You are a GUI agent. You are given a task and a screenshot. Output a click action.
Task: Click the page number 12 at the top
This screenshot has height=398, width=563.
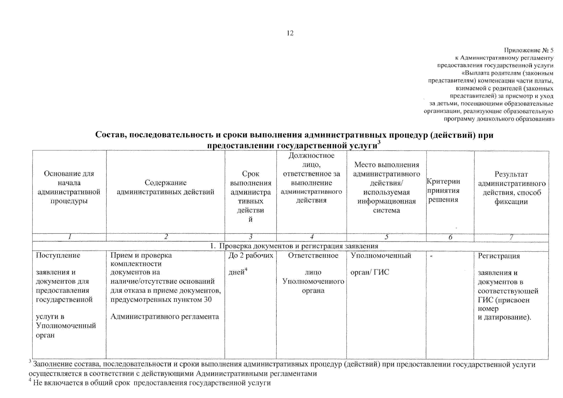coord(290,33)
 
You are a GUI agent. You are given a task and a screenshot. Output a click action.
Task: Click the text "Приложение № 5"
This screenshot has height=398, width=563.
coord(529,50)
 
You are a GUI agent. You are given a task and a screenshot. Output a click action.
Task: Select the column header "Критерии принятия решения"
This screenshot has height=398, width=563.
coord(443,190)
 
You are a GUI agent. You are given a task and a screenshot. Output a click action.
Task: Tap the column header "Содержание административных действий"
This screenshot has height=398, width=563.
coord(165,187)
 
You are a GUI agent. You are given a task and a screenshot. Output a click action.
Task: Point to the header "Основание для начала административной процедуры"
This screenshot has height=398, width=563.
coord(69,187)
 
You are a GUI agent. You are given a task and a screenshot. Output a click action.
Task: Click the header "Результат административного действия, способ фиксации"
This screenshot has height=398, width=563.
coord(511,188)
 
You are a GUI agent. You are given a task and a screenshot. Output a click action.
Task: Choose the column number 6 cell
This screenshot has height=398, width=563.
coord(450,237)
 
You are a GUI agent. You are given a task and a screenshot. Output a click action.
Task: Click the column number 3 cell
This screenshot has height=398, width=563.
coord(251,237)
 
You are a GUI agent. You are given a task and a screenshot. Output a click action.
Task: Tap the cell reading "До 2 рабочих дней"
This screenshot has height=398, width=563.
coord(251,264)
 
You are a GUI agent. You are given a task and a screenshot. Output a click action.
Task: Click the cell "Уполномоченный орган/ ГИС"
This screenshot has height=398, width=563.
coord(381,264)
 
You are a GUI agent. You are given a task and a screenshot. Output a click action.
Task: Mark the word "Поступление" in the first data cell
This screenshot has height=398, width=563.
coord(58,255)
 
